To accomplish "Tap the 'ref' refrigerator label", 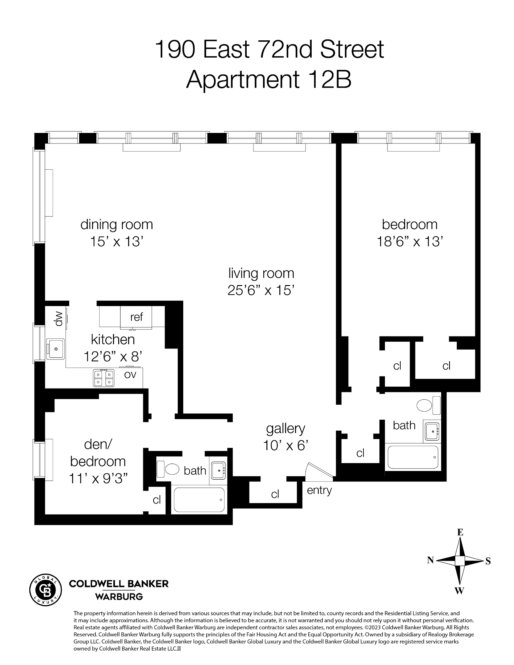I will point(136,317).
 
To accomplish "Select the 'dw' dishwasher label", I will point(59,319).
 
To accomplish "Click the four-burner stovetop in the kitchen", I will point(103,378).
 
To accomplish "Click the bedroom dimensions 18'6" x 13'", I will point(410,242).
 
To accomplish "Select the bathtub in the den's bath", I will point(199,499).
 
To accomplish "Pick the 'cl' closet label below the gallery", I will point(275,494).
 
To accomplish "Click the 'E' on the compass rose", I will point(460,532).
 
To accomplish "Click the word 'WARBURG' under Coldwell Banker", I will point(119,597).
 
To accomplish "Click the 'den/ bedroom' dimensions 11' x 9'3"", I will point(98,479).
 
